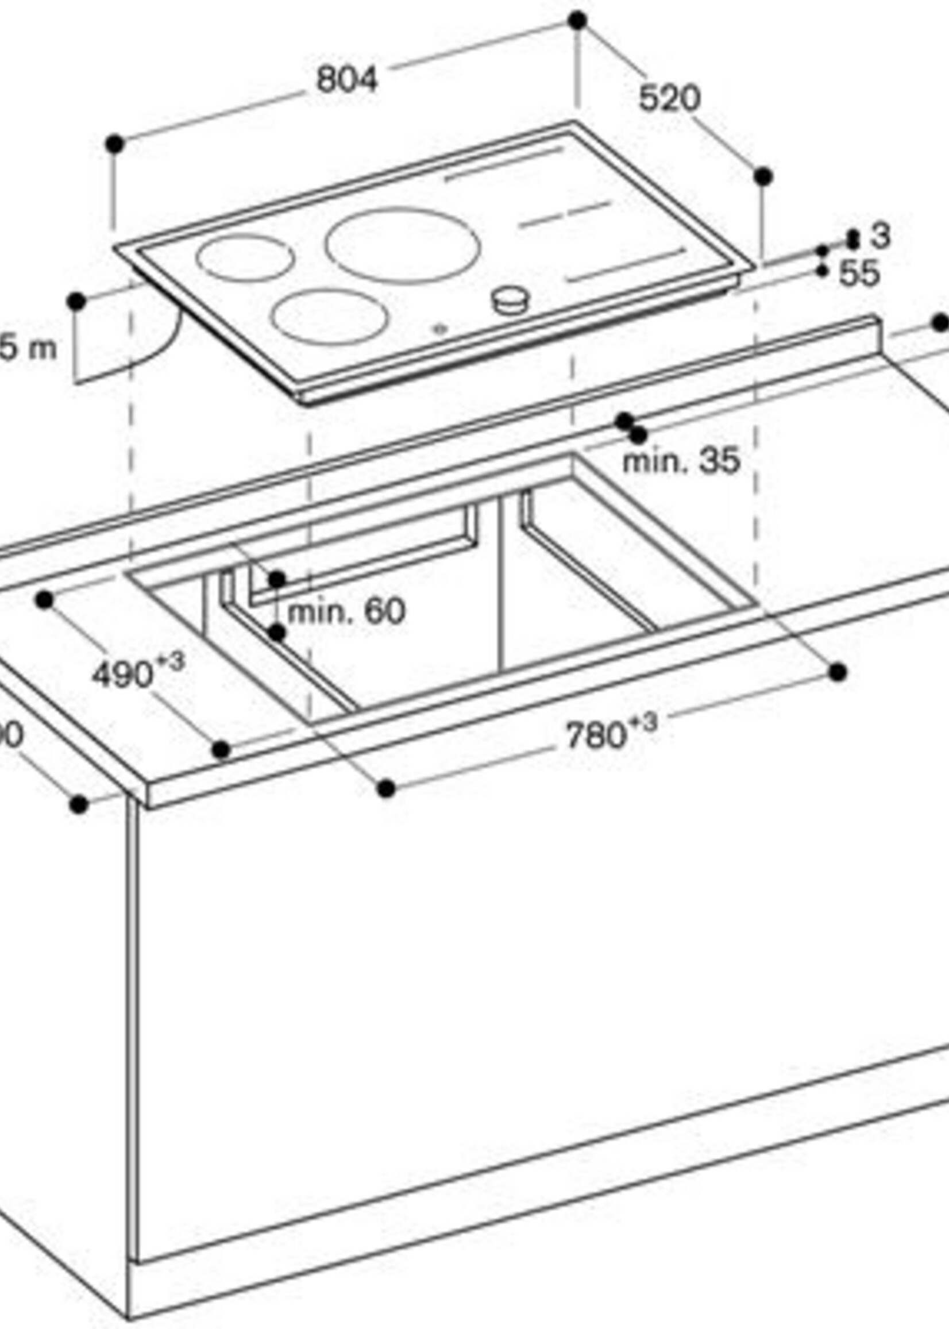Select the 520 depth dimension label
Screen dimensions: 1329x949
[x=669, y=98]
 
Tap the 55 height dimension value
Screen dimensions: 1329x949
[x=859, y=273]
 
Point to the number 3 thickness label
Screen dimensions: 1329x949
[x=879, y=236]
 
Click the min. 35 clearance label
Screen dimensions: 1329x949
[x=681, y=461]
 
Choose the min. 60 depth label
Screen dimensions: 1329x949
[x=346, y=612]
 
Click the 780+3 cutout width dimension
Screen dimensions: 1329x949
[x=611, y=734]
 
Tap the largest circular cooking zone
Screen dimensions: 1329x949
[x=403, y=246]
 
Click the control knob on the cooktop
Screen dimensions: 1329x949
[x=511, y=301]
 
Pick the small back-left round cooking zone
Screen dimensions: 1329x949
[x=245, y=258]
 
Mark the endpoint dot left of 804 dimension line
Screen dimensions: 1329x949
[x=114, y=143]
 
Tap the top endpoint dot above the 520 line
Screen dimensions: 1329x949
[x=577, y=21]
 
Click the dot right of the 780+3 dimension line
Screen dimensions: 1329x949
[x=838, y=672]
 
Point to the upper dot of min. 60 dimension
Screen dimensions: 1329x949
[x=277, y=580]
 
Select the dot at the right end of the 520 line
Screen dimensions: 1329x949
[x=763, y=176]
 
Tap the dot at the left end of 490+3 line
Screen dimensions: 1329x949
[x=44, y=600]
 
